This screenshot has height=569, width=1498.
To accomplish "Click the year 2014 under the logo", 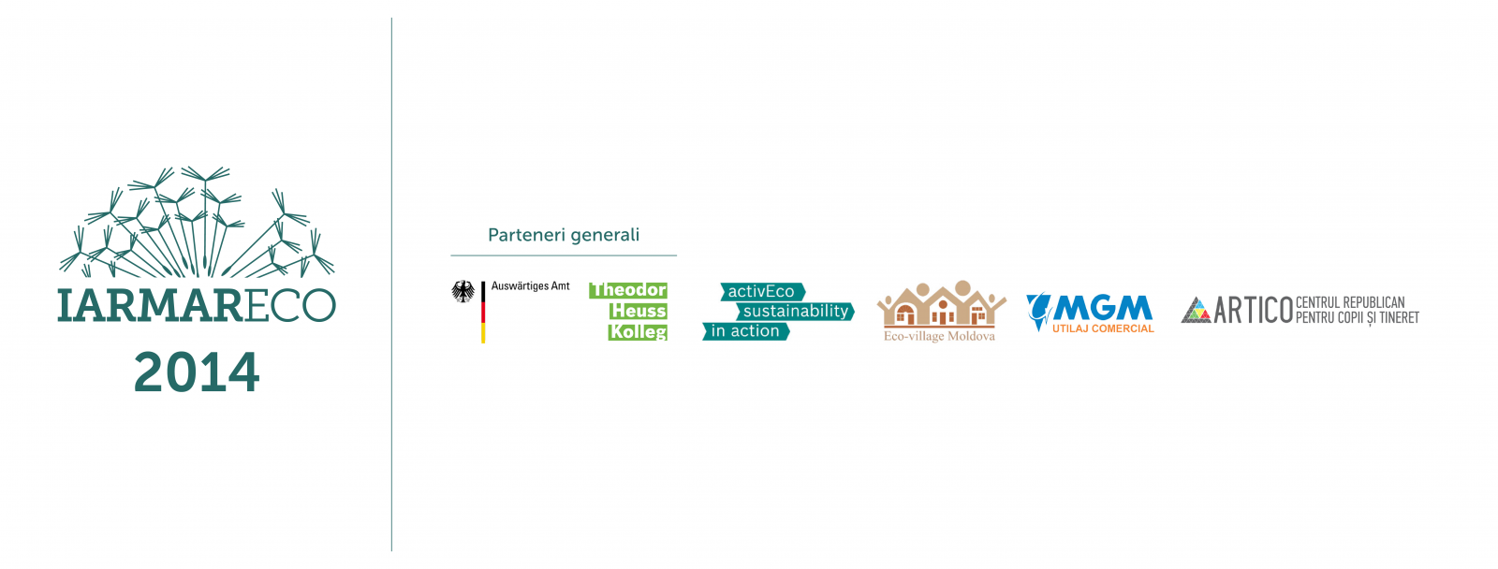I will (197, 372).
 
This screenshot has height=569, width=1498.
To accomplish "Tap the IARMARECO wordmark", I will (197, 306).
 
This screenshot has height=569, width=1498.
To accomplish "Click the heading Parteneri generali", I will (564, 235).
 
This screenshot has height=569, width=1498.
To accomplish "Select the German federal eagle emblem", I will (463, 292).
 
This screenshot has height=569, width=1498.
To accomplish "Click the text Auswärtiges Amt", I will (530, 286).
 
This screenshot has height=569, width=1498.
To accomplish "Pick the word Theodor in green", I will (628, 290).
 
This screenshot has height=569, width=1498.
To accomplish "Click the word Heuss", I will (639, 311).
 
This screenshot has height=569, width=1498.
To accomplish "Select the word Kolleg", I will (638, 331).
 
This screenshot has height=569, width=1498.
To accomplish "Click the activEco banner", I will (762, 292).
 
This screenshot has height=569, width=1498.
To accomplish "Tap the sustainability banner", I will (795, 311).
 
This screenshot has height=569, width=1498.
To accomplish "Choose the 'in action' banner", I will (745, 331).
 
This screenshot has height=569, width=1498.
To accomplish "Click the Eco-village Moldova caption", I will (939, 336).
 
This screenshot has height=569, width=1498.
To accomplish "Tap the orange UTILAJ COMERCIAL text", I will (1103, 328).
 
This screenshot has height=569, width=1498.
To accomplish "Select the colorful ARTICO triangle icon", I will (1196, 310).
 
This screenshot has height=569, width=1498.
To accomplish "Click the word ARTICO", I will (1253, 310).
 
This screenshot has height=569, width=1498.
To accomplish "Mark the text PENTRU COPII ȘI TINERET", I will (1357, 318).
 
